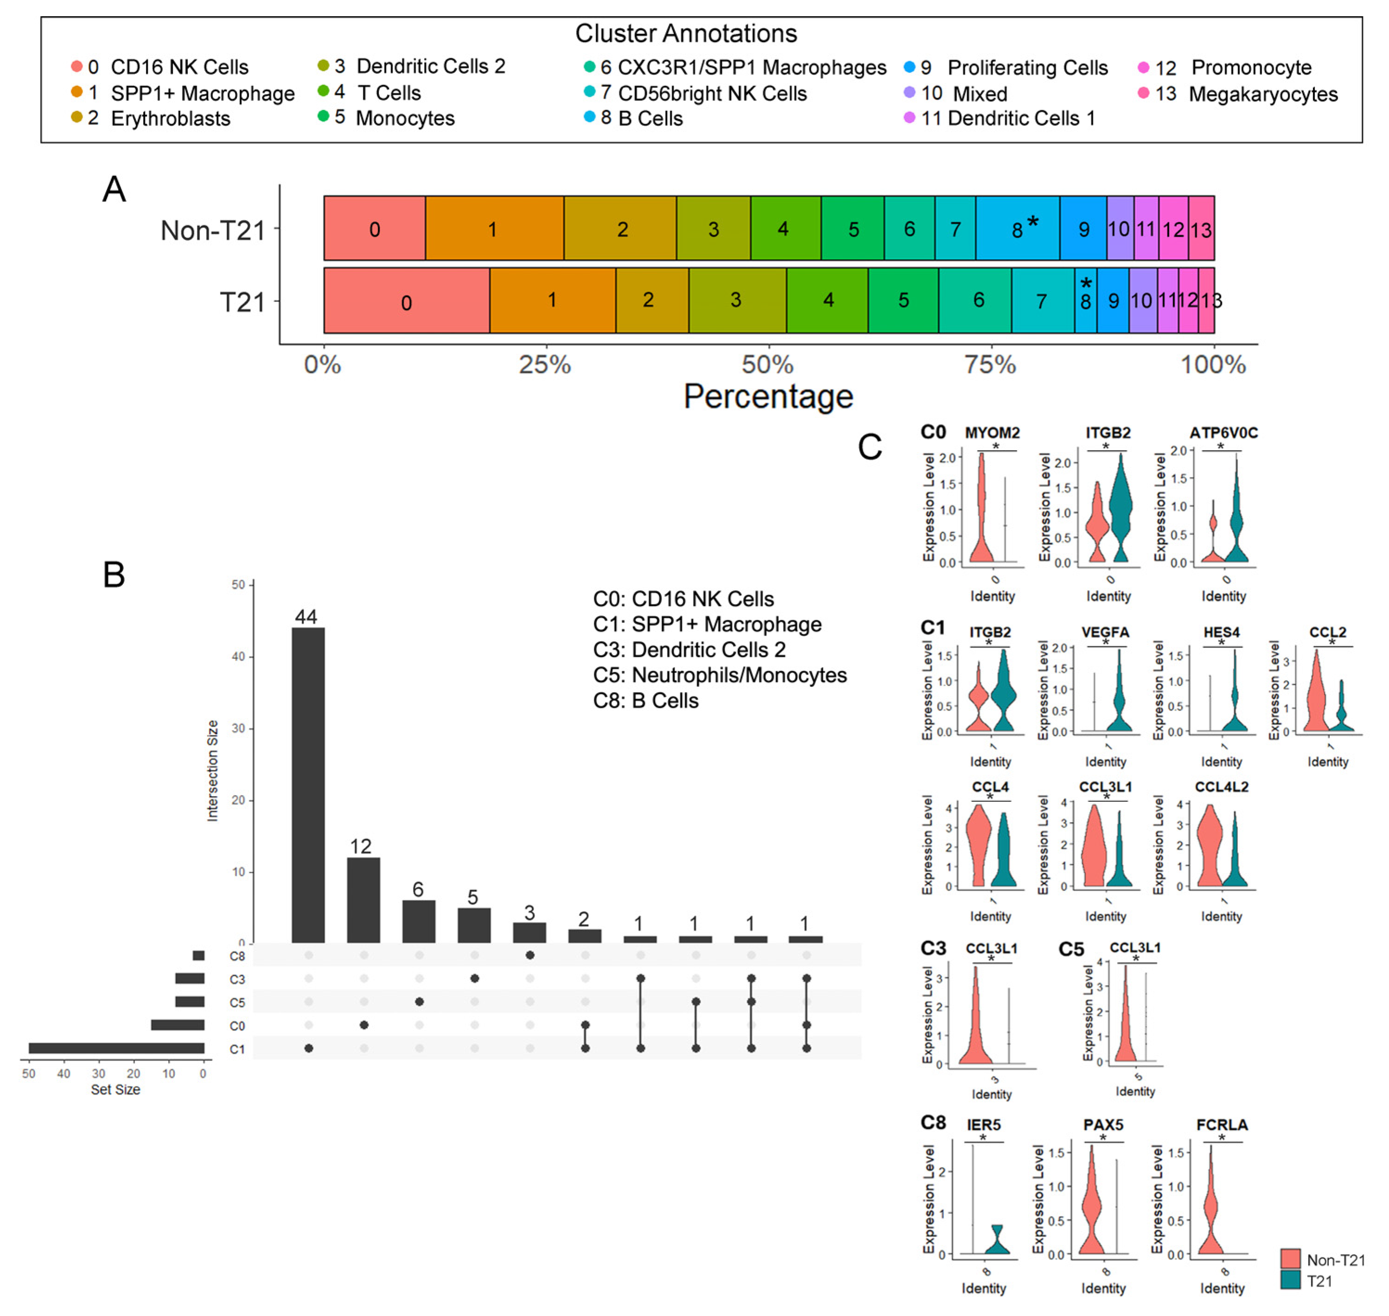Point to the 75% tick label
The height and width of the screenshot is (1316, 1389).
990,365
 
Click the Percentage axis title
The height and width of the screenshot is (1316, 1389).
768,396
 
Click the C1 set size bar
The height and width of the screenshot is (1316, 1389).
116,1048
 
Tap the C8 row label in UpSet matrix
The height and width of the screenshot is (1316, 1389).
237,956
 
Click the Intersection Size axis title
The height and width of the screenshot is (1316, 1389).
212,770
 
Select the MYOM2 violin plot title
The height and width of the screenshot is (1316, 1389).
992,433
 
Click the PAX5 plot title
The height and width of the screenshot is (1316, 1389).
1103,1124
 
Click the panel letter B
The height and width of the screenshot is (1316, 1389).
114,575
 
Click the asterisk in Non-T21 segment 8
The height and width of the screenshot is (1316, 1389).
1032,222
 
